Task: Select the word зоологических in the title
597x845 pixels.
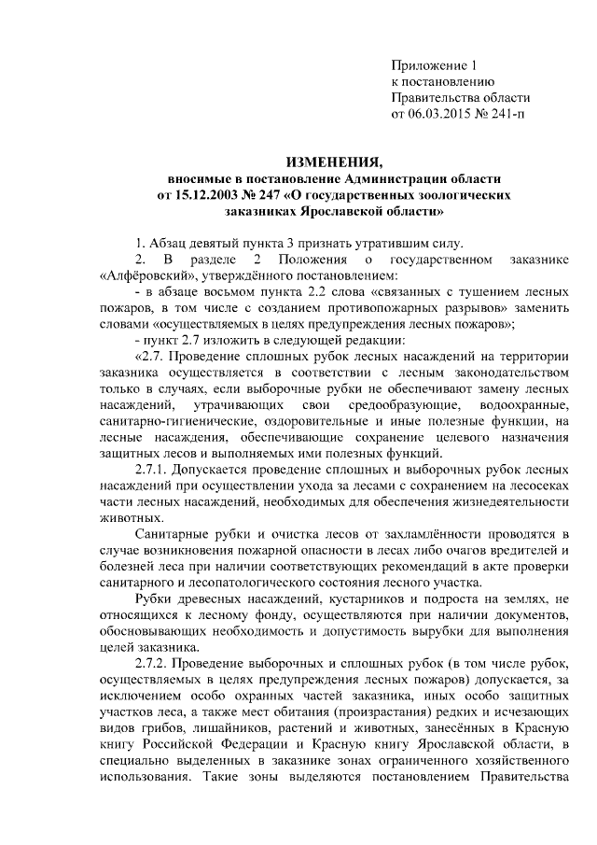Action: (x=456, y=194)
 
